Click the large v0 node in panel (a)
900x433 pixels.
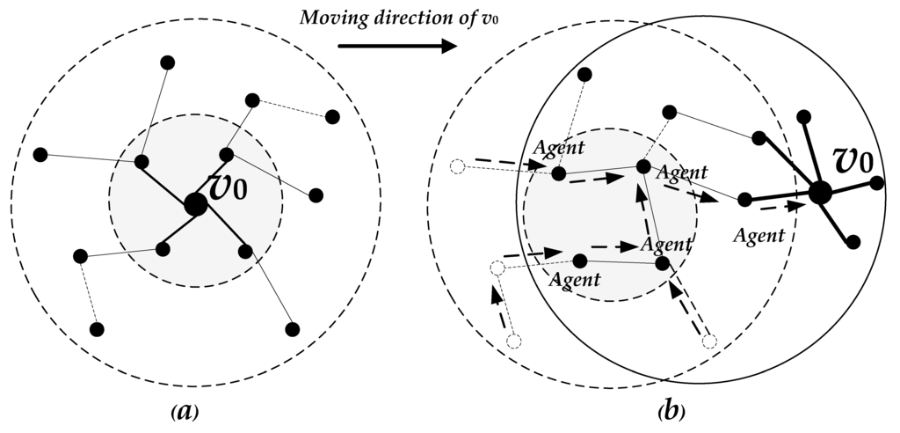click(195, 204)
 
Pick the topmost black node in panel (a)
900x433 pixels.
click(168, 62)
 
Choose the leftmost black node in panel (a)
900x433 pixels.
click(40, 155)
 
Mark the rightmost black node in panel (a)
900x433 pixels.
click(332, 117)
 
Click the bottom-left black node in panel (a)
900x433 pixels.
click(98, 329)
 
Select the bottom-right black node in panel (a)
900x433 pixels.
click(292, 329)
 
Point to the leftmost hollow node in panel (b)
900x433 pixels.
click(456, 165)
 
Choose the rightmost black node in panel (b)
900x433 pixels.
click(876, 183)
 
